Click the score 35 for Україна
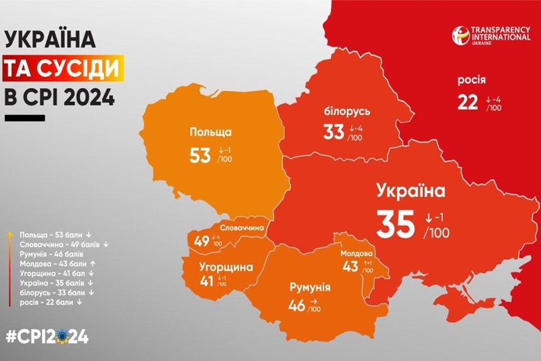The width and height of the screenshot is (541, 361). pos(396,224)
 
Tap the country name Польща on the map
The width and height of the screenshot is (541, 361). pos(210,132)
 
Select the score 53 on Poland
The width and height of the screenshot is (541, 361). pos(199,155)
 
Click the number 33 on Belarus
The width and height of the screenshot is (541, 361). pos(333,133)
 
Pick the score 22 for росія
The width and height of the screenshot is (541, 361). pos(467,103)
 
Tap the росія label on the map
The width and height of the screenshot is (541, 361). pos(471,80)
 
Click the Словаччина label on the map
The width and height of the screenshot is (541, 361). pos(242,228)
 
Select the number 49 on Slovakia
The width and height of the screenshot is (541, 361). pos(202,241)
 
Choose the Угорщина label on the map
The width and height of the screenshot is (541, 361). pos(226,267)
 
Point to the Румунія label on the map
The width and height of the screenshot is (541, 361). pos(310,288)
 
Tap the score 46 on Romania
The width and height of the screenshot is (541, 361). pos(296,306)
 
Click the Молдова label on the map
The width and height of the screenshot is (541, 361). pos(356,253)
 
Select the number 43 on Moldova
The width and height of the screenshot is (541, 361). pos(350,267)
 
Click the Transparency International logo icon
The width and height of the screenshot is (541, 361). pos(460,35)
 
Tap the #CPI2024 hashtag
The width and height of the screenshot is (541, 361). pos(47,336)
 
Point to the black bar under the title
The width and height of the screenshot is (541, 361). pos(25,118)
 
